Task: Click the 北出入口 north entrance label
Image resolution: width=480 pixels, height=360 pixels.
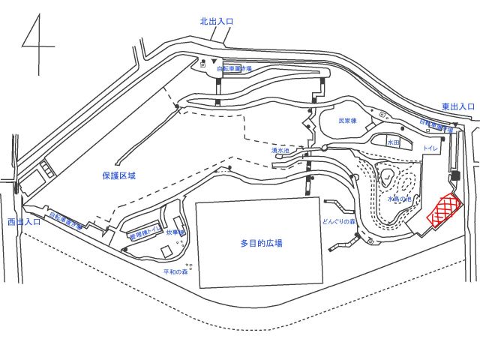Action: [x=217, y=22]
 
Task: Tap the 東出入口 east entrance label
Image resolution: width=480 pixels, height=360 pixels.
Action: [x=457, y=106]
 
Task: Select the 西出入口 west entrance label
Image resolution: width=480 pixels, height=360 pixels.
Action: [x=24, y=222]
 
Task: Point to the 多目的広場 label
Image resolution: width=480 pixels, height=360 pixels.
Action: [x=262, y=243]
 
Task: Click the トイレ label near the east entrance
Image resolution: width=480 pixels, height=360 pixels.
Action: [x=430, y=148]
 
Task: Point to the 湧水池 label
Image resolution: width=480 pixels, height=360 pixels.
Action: [x=280, y=151]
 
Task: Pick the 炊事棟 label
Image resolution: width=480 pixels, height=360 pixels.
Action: [x=175, y=233]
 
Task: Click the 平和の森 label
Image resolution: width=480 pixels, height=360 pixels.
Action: [x=175, y=271]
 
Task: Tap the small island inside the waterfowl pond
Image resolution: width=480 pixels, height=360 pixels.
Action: [x=391, y=179]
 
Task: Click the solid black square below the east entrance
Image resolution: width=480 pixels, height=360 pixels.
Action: [x=454, y=175]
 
